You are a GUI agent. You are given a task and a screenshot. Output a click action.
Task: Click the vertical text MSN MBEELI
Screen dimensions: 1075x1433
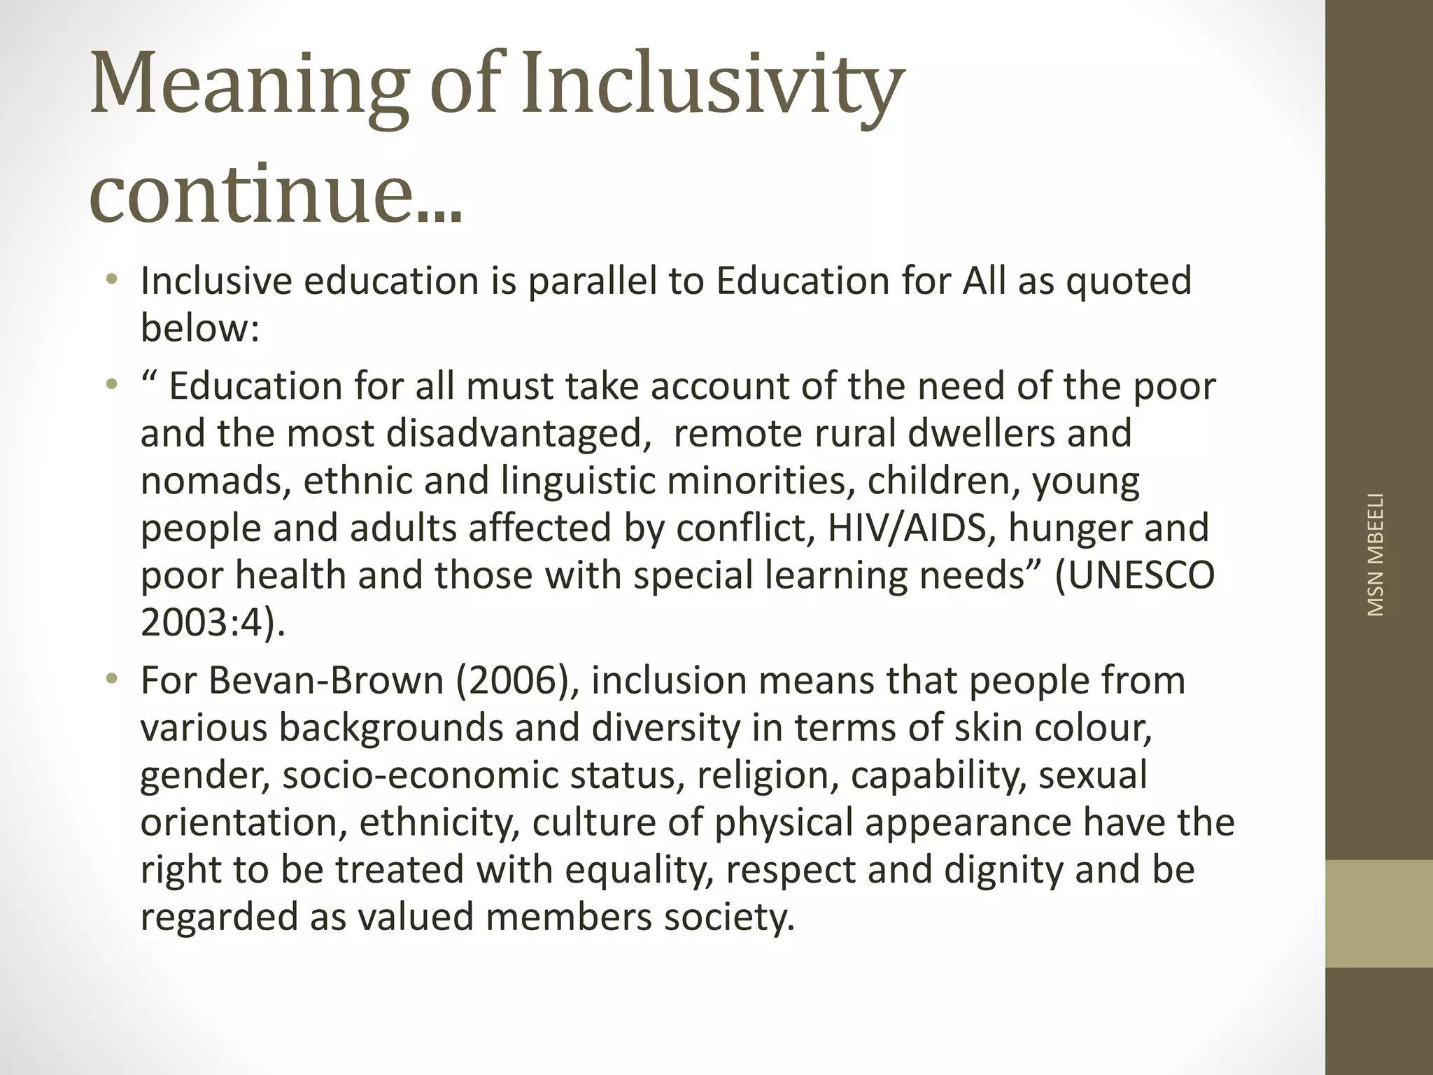click(1375, 554)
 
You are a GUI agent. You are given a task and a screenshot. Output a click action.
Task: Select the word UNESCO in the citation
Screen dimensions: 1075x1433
click(1134, 575)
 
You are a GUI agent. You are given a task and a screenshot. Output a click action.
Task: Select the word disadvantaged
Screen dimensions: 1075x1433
click(514, 433)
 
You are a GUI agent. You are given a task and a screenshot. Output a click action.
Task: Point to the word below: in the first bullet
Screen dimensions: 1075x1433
click(200, 328)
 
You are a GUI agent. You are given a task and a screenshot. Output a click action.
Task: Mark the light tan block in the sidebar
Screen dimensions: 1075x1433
click(1378, 913)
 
